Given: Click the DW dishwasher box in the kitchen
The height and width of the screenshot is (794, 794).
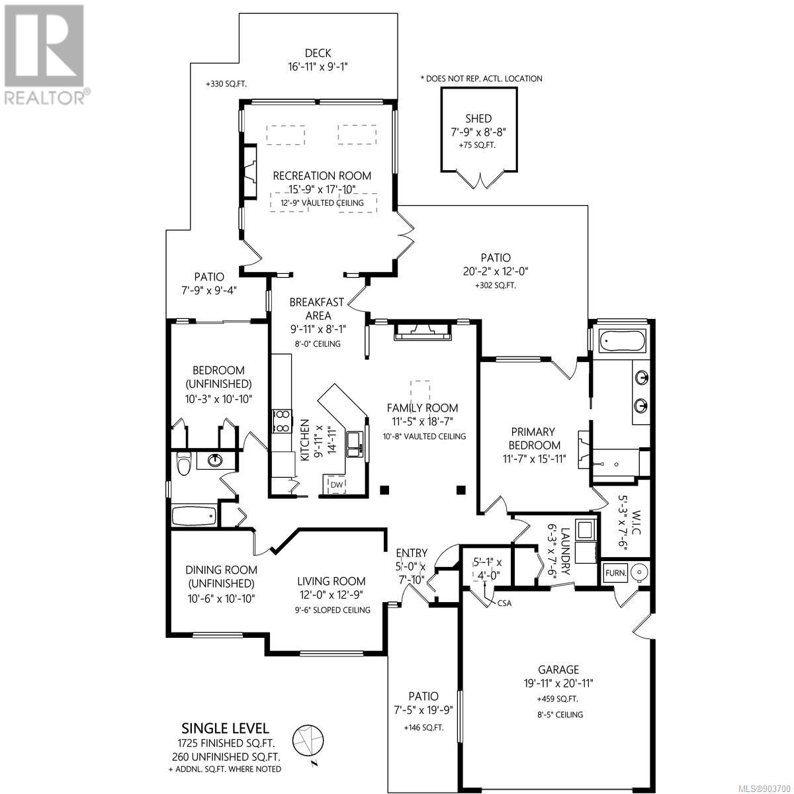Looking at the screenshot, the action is tap(337, 485).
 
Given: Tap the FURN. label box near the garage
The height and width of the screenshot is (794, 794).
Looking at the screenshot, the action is tap(615, 573).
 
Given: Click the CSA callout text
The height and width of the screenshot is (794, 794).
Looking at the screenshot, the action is tap(504, 603).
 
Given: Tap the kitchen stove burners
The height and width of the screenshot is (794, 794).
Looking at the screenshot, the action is tap(282, 421).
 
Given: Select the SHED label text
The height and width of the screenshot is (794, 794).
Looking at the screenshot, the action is tap(478, 118).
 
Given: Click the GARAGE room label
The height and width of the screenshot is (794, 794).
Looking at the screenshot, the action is tap(558, 669).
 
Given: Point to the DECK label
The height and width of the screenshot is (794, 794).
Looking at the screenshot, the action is tap(318, 53).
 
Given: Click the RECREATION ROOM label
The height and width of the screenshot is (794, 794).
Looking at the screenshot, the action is tap(322, 176).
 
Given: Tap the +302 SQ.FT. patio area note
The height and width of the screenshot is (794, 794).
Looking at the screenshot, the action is tap(496, 285).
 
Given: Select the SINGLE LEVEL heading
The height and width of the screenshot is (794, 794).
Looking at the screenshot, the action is tap(226, 728).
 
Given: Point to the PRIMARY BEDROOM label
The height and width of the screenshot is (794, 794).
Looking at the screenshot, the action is tap(534, 439).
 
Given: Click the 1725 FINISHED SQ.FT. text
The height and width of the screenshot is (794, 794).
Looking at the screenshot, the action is tap(226, 743).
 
